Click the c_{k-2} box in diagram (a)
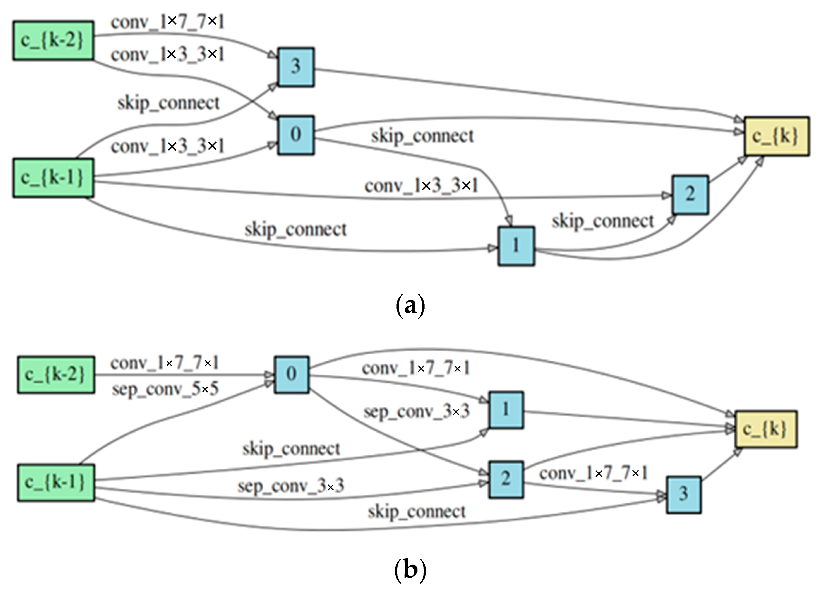[x=53, y=40]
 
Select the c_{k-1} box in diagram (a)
[x=53, y=178]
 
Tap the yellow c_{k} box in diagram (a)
[x=777, y=136]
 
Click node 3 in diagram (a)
[x=296, y=67]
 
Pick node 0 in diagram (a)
[x=296, y=135]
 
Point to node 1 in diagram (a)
[x=516, y=246]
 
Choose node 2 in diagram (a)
[x=690, y=195]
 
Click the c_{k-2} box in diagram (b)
[x=56, y=374]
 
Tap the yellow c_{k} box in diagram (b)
[x=766, y=429]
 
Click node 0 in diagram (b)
[x=292, y=374]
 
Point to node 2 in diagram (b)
[x=506, y=479]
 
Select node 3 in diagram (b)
[x=684, y=495]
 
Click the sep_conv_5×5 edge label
[x=165, y=390]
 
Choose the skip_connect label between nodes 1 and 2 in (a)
[x=603, y=222]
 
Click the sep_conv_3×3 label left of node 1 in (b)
[x=416, y=412]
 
